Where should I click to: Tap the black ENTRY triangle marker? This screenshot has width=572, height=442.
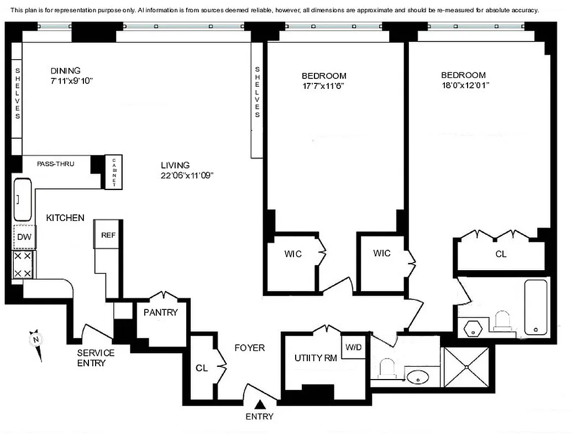[x=259, y=406]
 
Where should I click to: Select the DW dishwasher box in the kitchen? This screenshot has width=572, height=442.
[x=24, y=238]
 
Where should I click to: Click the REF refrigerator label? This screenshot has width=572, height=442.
[x=108, y=235]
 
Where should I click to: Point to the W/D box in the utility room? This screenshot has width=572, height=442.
[x=353, y=348]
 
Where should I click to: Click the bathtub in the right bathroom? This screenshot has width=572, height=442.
[x=535, y=307]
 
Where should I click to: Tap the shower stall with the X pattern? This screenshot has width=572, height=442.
[x=466, y=366]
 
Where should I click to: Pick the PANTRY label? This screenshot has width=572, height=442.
[x=160, y=313]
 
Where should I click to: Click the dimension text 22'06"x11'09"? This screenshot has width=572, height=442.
[x=187, y=175]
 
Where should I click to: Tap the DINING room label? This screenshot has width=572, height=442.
[x=65, y=71]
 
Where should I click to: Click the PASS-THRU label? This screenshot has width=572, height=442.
[x=55, y=164]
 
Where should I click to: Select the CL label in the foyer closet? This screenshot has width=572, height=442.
[x=202, y=368]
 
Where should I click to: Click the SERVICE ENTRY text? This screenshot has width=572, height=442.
[x=96, y=357]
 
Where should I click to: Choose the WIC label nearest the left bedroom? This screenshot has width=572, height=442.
[x=293, y=254]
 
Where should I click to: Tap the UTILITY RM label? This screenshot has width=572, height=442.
[x=316, y=358]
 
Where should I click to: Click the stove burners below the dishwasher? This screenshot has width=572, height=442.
[x=23, y=265]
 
